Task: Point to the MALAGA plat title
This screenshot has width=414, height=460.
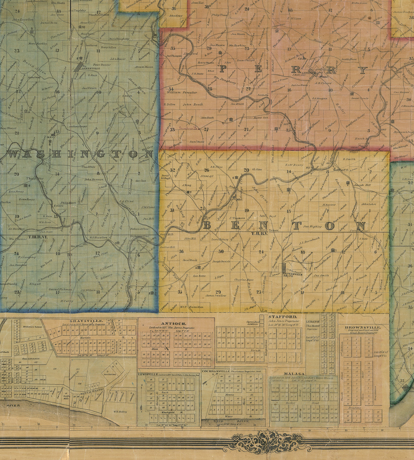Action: pos(290,374)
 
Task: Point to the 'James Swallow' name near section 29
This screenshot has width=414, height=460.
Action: pos(216,295)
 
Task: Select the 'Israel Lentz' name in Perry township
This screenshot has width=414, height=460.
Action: pos(360,98)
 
